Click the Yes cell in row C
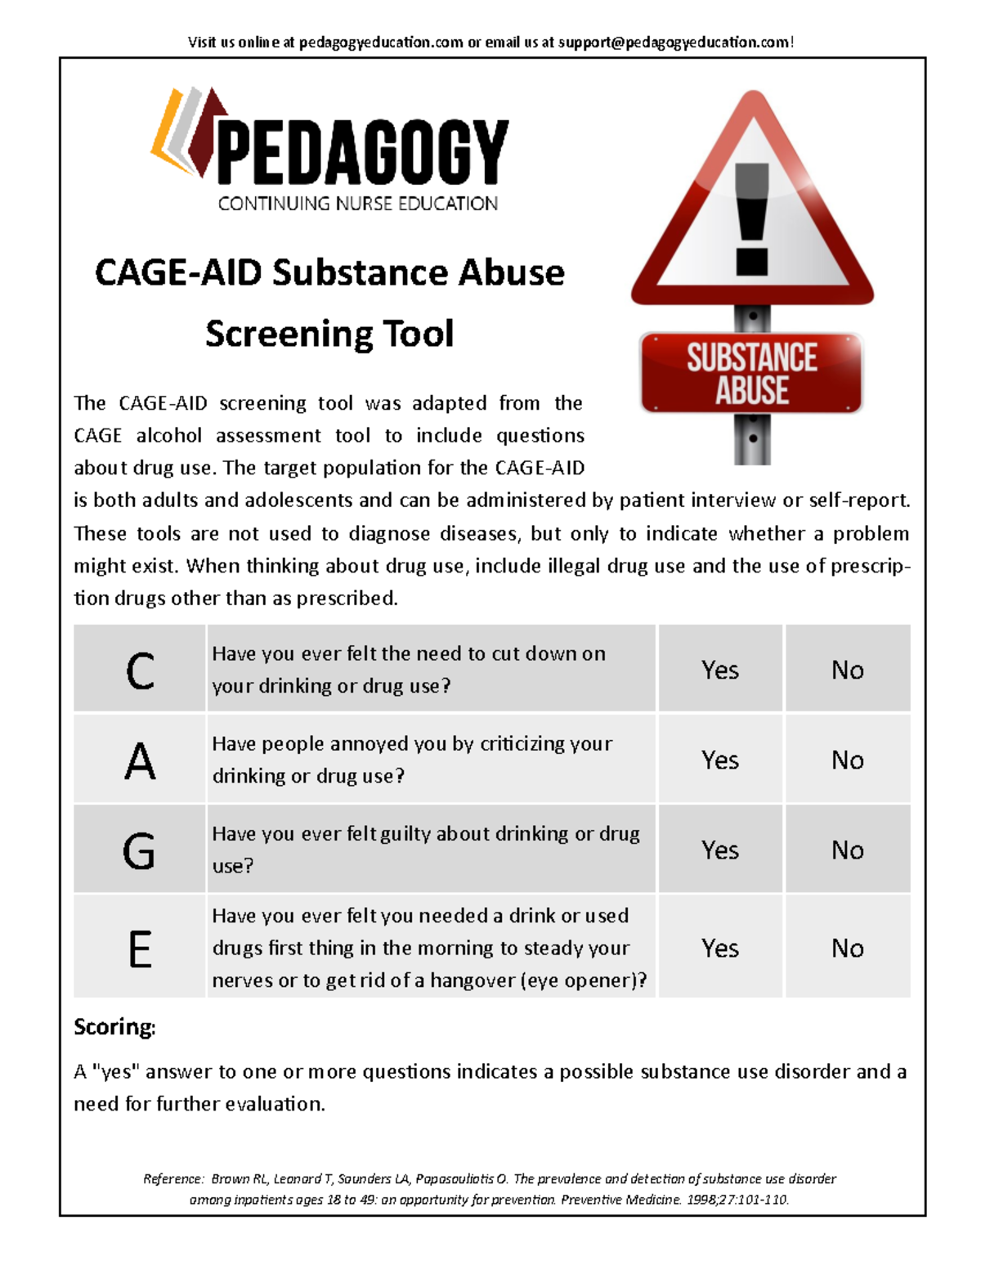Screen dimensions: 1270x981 (x=719, y=670)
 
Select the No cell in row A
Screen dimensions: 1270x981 (x=847, y=760)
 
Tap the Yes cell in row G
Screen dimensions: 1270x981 (x=719, y=850)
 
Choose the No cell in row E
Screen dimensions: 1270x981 (x=847, y=948)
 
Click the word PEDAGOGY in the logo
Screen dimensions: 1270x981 (x=362, y=153)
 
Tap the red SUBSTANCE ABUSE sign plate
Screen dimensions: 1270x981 (x=751, y=373)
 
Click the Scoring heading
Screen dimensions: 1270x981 (x=114, y=1026)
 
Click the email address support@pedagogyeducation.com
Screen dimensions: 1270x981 (x=674, y=43)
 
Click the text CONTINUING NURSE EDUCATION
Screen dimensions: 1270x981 (x=357, y=204)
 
